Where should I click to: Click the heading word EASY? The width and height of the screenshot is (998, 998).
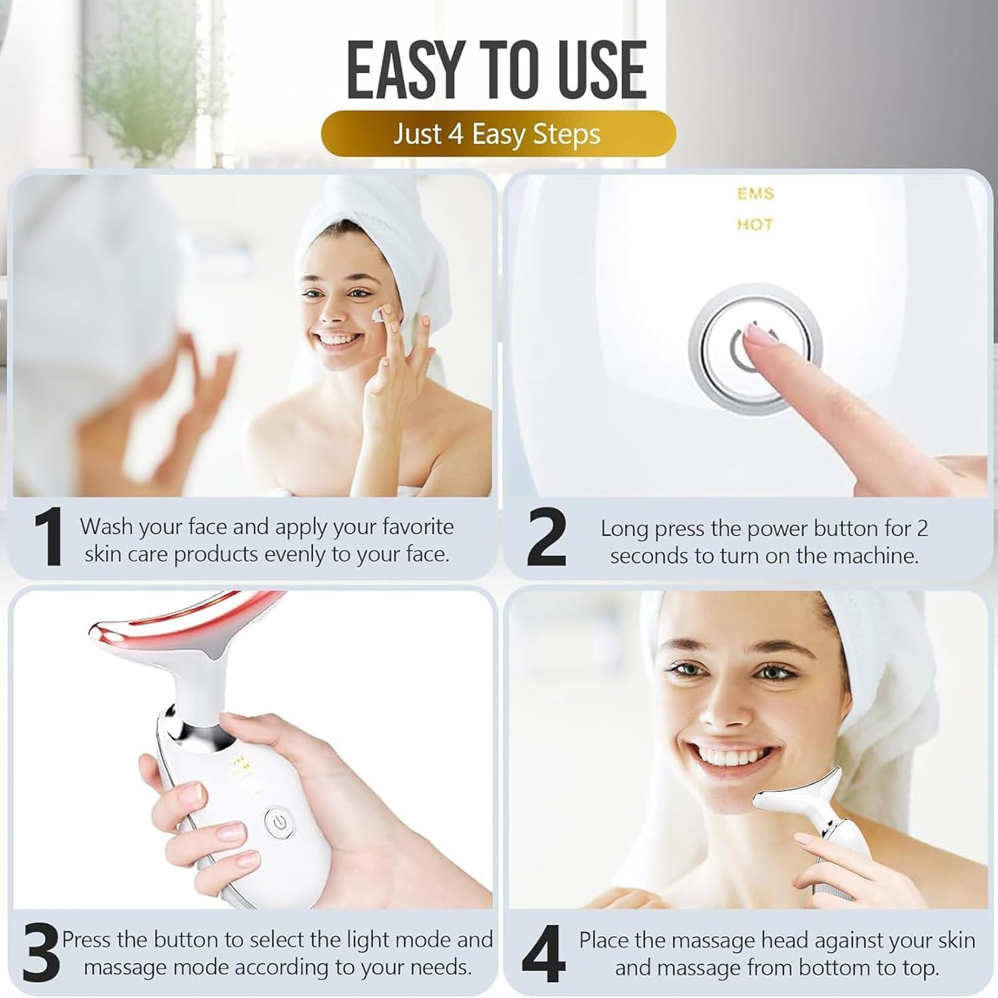coord(404,70)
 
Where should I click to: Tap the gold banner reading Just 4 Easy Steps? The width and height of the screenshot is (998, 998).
coord(498,134)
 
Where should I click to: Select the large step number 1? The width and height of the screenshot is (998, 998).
coord(48,538)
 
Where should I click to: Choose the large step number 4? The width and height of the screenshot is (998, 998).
coord(544,953)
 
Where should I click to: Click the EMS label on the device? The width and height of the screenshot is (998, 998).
coord(755,194)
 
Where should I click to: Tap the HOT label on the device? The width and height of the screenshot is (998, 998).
coord(754,224)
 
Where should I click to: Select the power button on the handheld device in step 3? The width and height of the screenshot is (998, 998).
coord(279,823)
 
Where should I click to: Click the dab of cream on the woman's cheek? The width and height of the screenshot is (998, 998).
coord(380,313)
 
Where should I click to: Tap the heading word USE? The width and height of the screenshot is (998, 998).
coord(599,70)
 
